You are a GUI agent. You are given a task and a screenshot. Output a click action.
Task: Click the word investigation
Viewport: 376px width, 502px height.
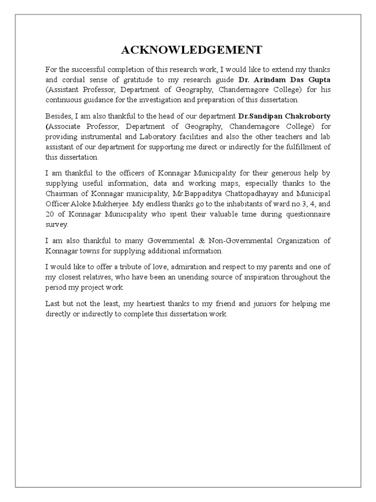coord(171,100)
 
